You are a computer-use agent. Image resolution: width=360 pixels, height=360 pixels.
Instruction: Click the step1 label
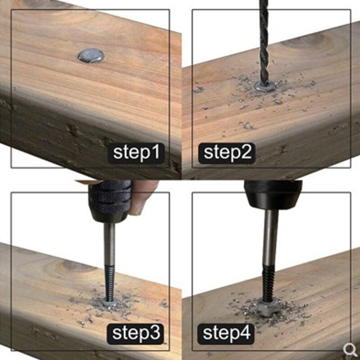pyautogui.click(x=136, y=153)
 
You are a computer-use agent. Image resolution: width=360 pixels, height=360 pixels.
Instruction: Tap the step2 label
pyautogui.click(x=227, y=153)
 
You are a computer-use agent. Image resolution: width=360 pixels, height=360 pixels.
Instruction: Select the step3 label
pyautogui.click(x=135, y=334)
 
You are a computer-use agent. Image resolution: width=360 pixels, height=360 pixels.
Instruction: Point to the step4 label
pyautogui.click(x=226, y=334)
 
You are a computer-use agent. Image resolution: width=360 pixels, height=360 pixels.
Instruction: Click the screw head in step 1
pyautogui.click(x=91, y=55)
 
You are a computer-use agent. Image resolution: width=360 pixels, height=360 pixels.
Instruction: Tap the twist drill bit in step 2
pyautogui.click(x=264, y=42)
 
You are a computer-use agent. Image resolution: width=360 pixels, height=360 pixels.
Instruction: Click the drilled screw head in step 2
pyautogui.click(x=265, y=86)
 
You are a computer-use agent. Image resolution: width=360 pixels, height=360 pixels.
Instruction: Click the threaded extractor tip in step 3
pyautogui.click(x=109, y=283)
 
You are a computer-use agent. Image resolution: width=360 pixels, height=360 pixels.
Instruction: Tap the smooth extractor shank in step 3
pyautogui.click(x=109, y=244)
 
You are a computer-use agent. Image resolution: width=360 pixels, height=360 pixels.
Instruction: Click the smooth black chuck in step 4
pyautogui.click(x=273, y=194)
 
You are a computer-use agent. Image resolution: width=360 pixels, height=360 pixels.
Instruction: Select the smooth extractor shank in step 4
pyautogui.click(x=270, y=238)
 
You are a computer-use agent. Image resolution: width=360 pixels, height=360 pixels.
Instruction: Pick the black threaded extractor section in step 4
pyautogui.click(x=268, y=283)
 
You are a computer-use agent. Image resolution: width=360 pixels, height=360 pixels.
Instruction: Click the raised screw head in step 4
pyautogui.click(x=268, y=307)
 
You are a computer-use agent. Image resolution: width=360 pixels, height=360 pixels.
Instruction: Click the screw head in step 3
pyautogui.click(x=109, y=303)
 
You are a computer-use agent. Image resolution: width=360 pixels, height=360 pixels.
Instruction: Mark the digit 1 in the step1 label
pyautogui.click(x=157, y=152)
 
